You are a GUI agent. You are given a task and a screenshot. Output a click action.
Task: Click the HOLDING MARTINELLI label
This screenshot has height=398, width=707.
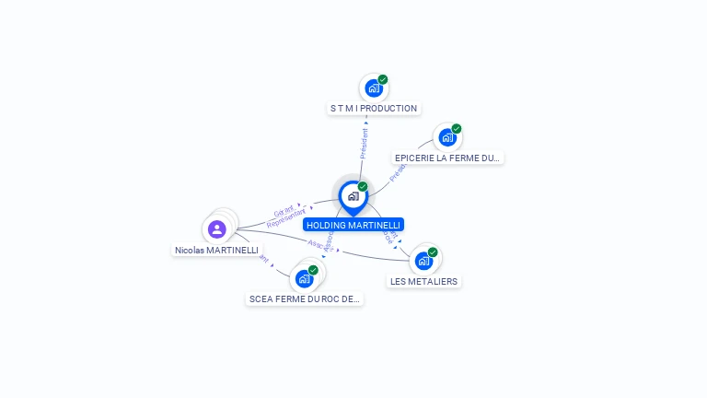[x=353, y=225]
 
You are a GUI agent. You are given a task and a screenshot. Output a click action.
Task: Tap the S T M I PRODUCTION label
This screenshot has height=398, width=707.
[x=374, y=109]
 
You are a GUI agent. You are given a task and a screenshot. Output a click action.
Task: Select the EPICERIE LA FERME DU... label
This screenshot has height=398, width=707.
[x=447, y=158]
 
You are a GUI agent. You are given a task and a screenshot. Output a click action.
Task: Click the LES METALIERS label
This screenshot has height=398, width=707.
[x=423, y=281]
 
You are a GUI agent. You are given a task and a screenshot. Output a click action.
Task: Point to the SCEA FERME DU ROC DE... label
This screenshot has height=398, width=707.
[x=306, y=299]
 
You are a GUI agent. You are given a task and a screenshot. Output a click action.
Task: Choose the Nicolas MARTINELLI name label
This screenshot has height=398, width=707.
[x=217, y=251]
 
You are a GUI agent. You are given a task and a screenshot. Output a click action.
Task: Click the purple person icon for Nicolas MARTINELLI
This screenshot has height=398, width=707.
[x=217, y=228]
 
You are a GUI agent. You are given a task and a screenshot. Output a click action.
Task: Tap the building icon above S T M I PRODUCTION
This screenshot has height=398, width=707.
[x=373, y=88]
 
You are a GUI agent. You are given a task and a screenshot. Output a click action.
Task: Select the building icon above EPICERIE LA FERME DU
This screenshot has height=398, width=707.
[x=446, y=138]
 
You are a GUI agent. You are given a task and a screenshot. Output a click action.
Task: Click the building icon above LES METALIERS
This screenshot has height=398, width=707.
[x=423, y=261]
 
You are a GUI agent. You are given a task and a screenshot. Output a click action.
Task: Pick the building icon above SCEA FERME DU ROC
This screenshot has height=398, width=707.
[x=304, y=279]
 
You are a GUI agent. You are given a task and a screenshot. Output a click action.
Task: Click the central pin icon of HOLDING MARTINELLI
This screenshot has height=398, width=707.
[x=353, y=195]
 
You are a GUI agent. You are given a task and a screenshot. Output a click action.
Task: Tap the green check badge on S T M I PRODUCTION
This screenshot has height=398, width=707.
[x=383, y=79]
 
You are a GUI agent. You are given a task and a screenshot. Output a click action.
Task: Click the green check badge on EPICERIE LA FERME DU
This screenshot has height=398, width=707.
[x=457, y=129]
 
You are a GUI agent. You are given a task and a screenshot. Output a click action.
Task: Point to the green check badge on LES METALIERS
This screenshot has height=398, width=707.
[x=433, y=252]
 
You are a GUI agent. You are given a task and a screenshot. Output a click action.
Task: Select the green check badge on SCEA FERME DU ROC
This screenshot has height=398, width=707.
[x=314, y=270]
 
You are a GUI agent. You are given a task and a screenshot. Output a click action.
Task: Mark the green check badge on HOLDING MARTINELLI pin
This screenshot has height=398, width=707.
[x=363, y=186]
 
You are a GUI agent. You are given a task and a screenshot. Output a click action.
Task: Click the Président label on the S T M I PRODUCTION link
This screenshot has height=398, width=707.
[x=365, y=143]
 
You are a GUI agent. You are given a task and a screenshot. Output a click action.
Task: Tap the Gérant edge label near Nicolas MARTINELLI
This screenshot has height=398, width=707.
[x=284, y=211]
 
